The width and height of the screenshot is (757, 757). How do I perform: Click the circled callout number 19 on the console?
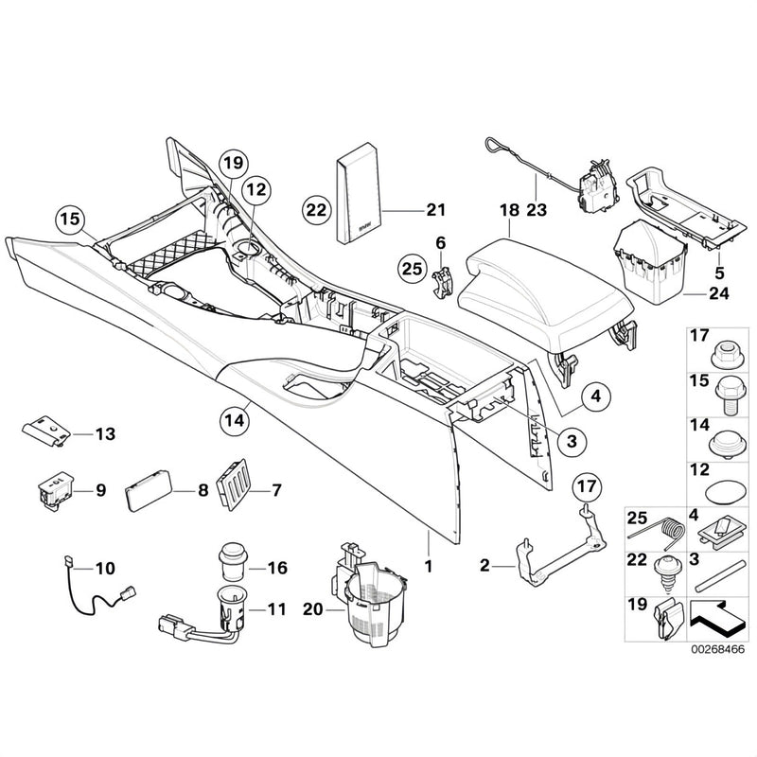[x=233, y=163]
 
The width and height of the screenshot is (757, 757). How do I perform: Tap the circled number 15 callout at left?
[x=70, y=219]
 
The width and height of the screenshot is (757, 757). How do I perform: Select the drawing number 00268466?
[x=717, y=649]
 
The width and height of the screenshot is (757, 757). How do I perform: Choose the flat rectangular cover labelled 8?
[x=149, y=491]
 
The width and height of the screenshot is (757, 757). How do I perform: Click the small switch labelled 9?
[x=56, y=490]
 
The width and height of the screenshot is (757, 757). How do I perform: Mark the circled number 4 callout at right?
[x=596, y=396]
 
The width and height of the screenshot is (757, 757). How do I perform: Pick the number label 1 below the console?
[x=429, y=566]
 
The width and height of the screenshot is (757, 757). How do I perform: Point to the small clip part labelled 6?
[x=443, y=284]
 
